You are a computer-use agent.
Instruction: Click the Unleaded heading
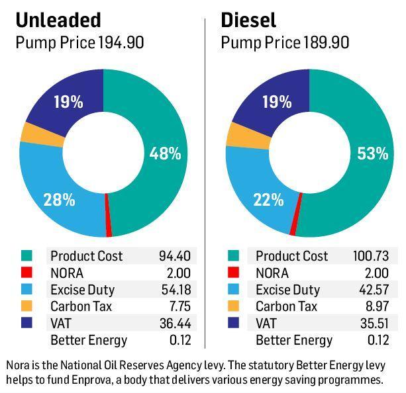tap(58, 20)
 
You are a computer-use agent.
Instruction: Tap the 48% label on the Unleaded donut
tap(164, 153)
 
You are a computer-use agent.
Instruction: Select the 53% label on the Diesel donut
tap(372, 153)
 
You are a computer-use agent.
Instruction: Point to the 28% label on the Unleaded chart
tap(58, 199)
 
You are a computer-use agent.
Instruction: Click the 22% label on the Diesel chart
tap(269, 199)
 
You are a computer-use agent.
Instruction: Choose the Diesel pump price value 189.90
tap(327, 44)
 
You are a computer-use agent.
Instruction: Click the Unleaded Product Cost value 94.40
tap(174, 256)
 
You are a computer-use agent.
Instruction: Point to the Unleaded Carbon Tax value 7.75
tap(178, 306)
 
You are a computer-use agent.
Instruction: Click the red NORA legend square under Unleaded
tap(26, 273)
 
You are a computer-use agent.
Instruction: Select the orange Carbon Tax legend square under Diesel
tap(233, 307)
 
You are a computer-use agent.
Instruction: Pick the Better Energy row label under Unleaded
tap(88, 341)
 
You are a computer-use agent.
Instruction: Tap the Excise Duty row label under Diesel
tap(288, 290)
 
